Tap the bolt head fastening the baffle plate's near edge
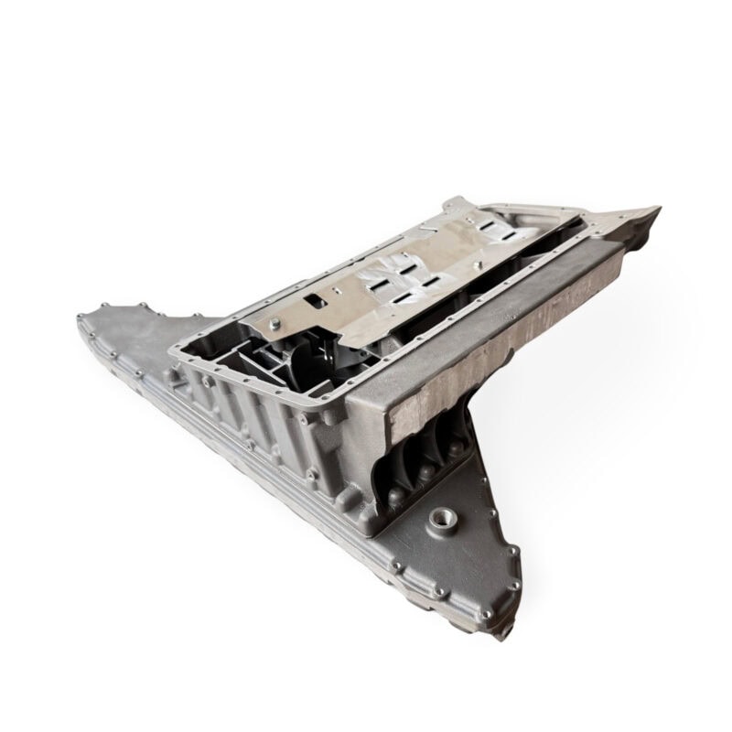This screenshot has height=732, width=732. pyautogui.click(x=274, y=322)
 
